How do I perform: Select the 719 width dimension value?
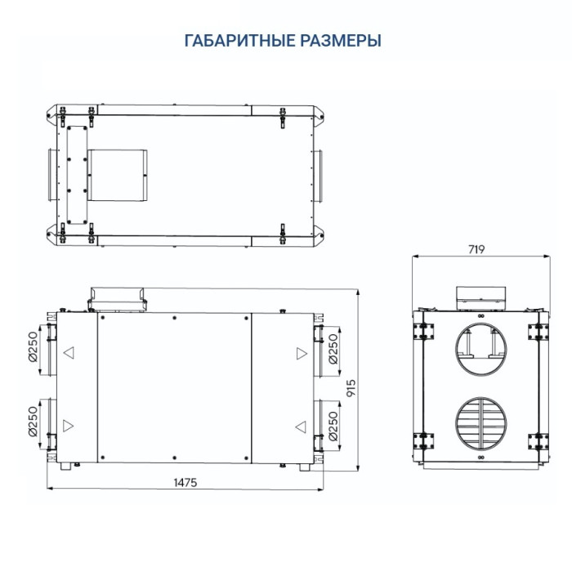(x=480, y=249)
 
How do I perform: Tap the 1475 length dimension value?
(x=185, y=482)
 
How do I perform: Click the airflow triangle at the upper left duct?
(x=69, y=354)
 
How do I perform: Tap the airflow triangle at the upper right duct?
(x=302, y=354)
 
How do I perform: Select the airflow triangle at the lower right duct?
(x=302, y=426)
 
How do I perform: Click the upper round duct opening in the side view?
(x=481, y=347)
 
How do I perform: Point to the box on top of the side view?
(x=481, y=296)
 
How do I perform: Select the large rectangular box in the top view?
(x=118, y=174)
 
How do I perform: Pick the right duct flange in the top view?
(x=318, y=174)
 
